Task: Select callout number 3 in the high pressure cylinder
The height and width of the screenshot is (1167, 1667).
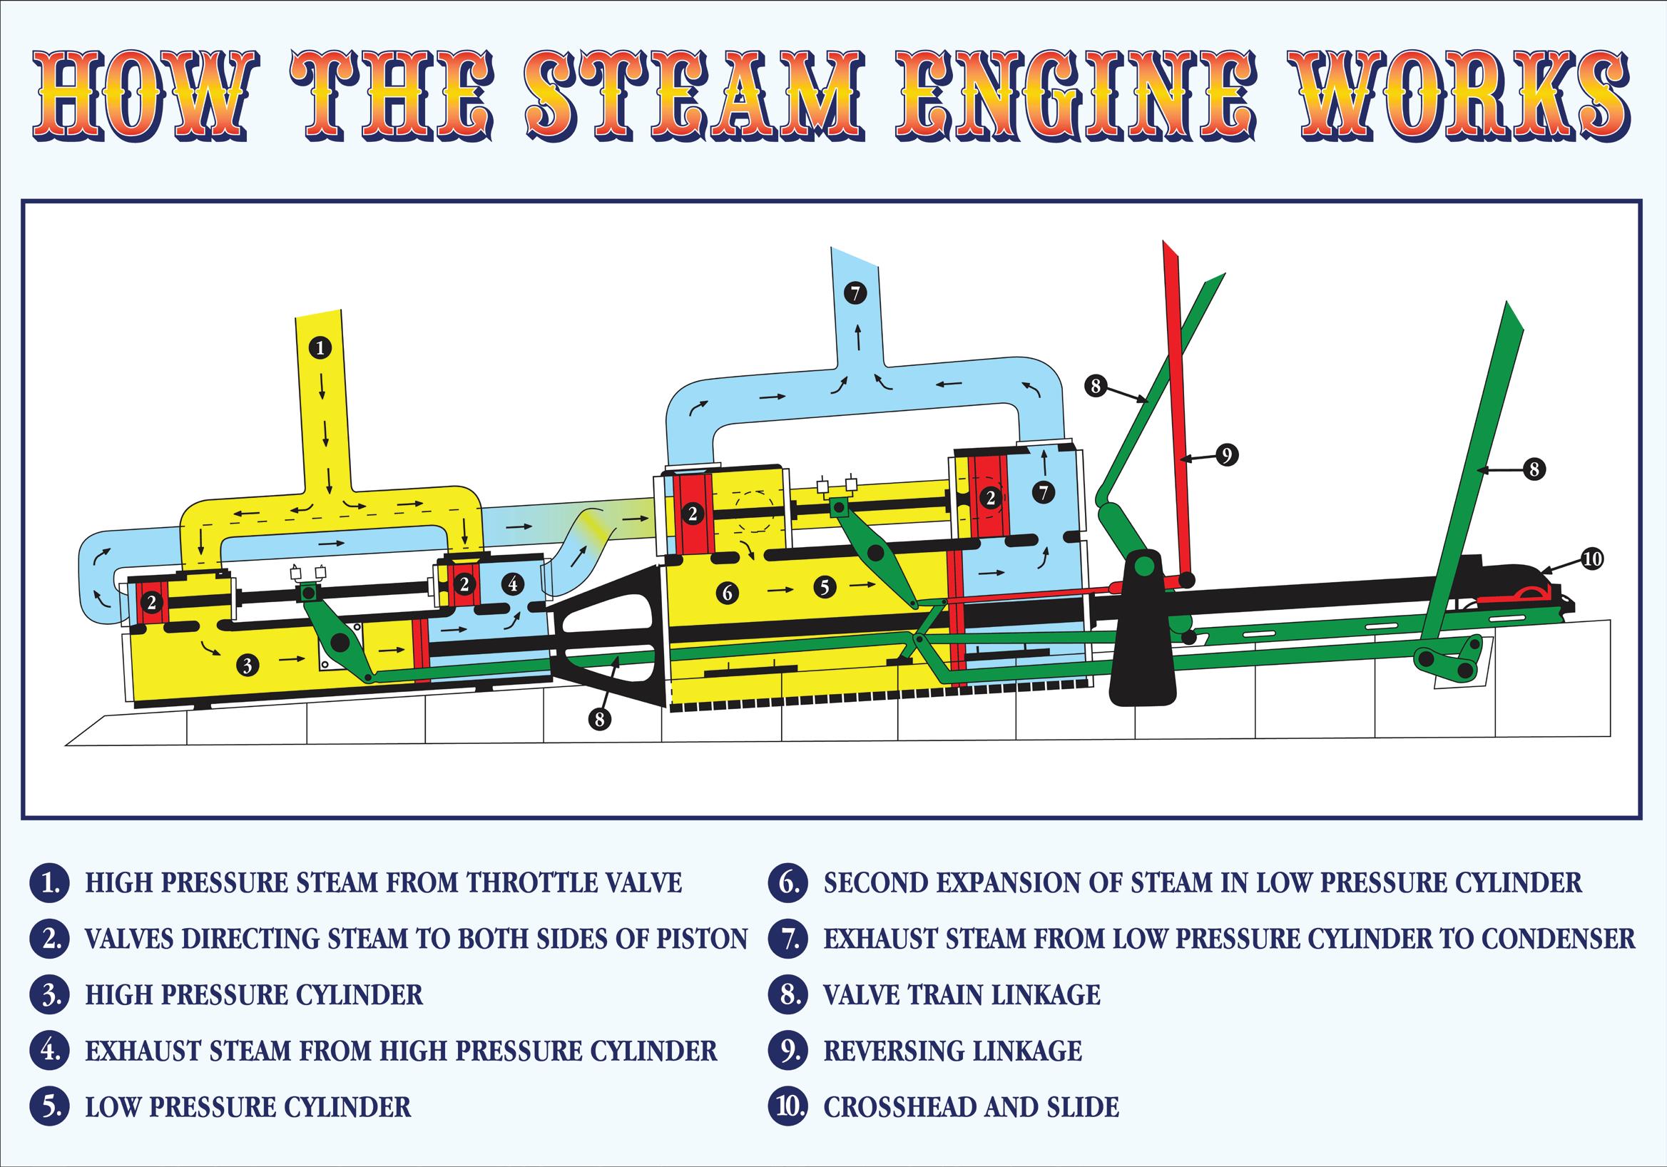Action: [x=248, y=665]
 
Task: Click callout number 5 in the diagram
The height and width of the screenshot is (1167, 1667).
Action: [x=825, y=586]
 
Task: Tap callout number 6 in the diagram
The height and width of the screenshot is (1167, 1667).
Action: [x=728, y=593]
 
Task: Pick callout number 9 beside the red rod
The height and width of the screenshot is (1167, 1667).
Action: [x=1226, y=455]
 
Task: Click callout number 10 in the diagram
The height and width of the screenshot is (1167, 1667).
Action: [x=1591, y=559]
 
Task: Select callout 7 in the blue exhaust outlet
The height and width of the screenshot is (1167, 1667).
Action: [x=856, y=293]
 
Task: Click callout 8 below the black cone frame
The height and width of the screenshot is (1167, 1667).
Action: [x=599, y=719]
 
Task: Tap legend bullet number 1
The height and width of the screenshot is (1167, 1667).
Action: [x=49, y=883]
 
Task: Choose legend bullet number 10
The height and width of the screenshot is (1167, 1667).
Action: [x=787, y=1107]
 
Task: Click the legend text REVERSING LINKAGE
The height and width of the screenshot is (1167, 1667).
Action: [x=952, y=1051]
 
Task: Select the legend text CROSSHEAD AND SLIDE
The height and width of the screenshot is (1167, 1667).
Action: [x=971, y=1108]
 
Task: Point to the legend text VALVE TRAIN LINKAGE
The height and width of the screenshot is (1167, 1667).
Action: [x=962, y=995]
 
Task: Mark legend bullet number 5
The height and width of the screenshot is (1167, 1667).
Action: [x=49, y=1107]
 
